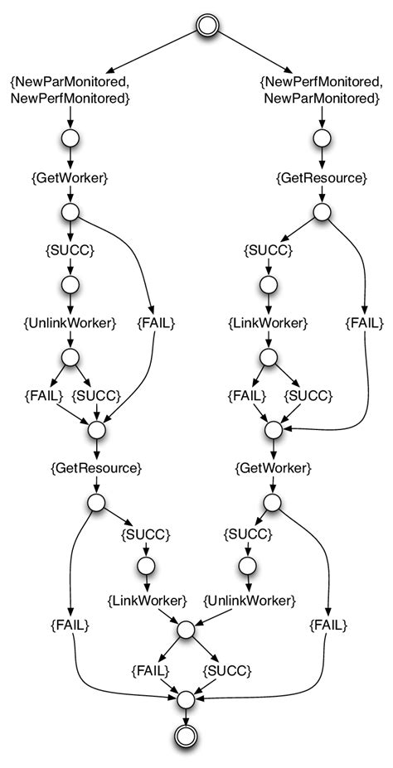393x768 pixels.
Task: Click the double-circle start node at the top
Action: (x=207, y=26)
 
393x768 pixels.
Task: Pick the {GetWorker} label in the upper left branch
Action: (x=70, y=177)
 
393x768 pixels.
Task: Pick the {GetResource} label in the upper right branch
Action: (x=321, y=177)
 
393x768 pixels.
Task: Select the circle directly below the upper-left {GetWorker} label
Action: (x=70, y=211)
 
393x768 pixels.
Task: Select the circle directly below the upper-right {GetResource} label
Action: (x=321, y=211)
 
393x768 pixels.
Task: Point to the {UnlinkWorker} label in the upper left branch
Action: (x=70, y=321)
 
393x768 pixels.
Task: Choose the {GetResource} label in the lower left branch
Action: (x=96, y=468)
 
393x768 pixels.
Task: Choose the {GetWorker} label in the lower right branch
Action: (x=273, y=468)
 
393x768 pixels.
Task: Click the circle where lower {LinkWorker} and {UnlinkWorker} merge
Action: (x=187, y=629)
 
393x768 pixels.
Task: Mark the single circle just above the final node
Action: (x=187, y=701)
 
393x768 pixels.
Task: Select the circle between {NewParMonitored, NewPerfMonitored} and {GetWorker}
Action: (x=70, y=138)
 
